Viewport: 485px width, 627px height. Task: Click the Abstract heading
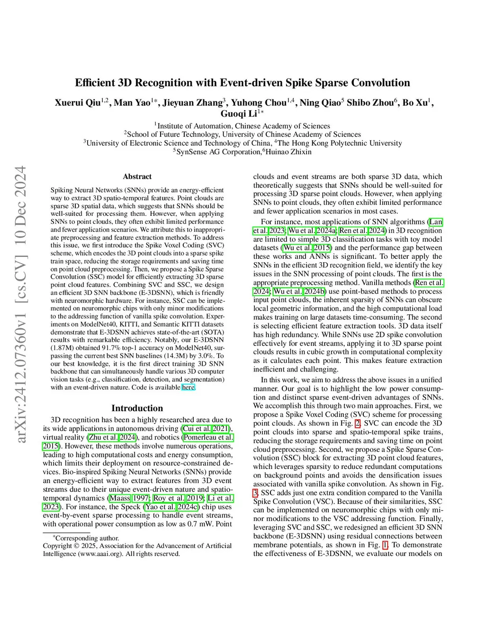click(x=137, y=177)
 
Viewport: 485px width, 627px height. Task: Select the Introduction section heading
click(x=137, y=408)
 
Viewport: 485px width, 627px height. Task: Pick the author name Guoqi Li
click(x=239, y=114)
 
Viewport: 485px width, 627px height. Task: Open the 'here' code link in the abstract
click(x=188, y=387)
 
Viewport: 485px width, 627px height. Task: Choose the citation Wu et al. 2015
click(x=307, y=247)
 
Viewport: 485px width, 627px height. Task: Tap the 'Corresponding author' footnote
click(x=87, y=538)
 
